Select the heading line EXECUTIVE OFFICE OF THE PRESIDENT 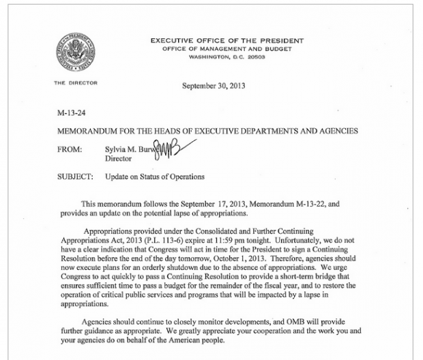coord(227,41)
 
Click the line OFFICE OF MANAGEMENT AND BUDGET coord(227,48)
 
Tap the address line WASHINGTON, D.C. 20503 coord(227,56)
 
